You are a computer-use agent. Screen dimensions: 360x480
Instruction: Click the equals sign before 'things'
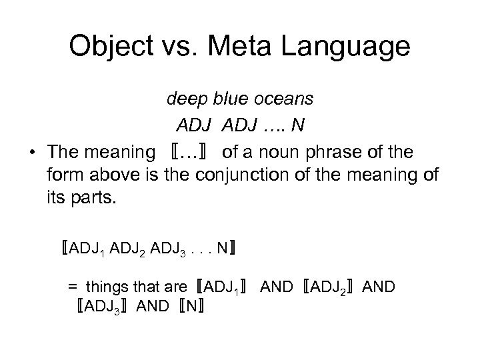(x=72, y=287)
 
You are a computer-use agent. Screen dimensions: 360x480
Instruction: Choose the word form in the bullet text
(x=63, y=176)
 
